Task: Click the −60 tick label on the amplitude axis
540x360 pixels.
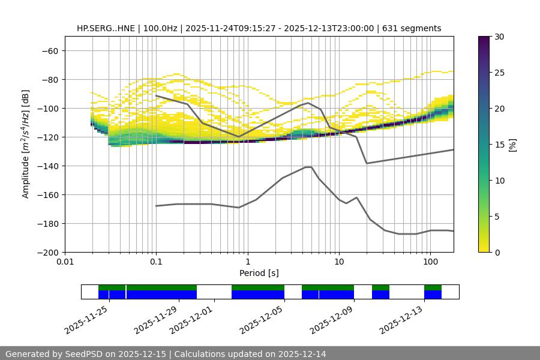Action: [49, 51]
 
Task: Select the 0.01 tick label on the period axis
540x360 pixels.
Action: [65, 262]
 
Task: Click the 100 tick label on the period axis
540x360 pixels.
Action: [430, 262]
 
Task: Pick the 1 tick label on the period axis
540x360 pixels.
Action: [247, 262]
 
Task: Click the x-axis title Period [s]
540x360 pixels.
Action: [259, 273]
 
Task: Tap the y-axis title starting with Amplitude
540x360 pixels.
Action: [26, 145]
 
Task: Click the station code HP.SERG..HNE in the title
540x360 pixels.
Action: [106, 28]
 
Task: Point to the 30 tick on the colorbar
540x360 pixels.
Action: [499, 37]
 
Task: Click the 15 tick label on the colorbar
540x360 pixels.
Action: [499, 145]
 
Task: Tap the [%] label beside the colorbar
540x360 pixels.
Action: [512, 145]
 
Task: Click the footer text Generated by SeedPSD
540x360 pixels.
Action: [67, 354]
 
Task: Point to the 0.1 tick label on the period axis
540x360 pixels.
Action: [156, 262]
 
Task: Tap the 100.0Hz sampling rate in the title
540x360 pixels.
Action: [162, 28]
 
